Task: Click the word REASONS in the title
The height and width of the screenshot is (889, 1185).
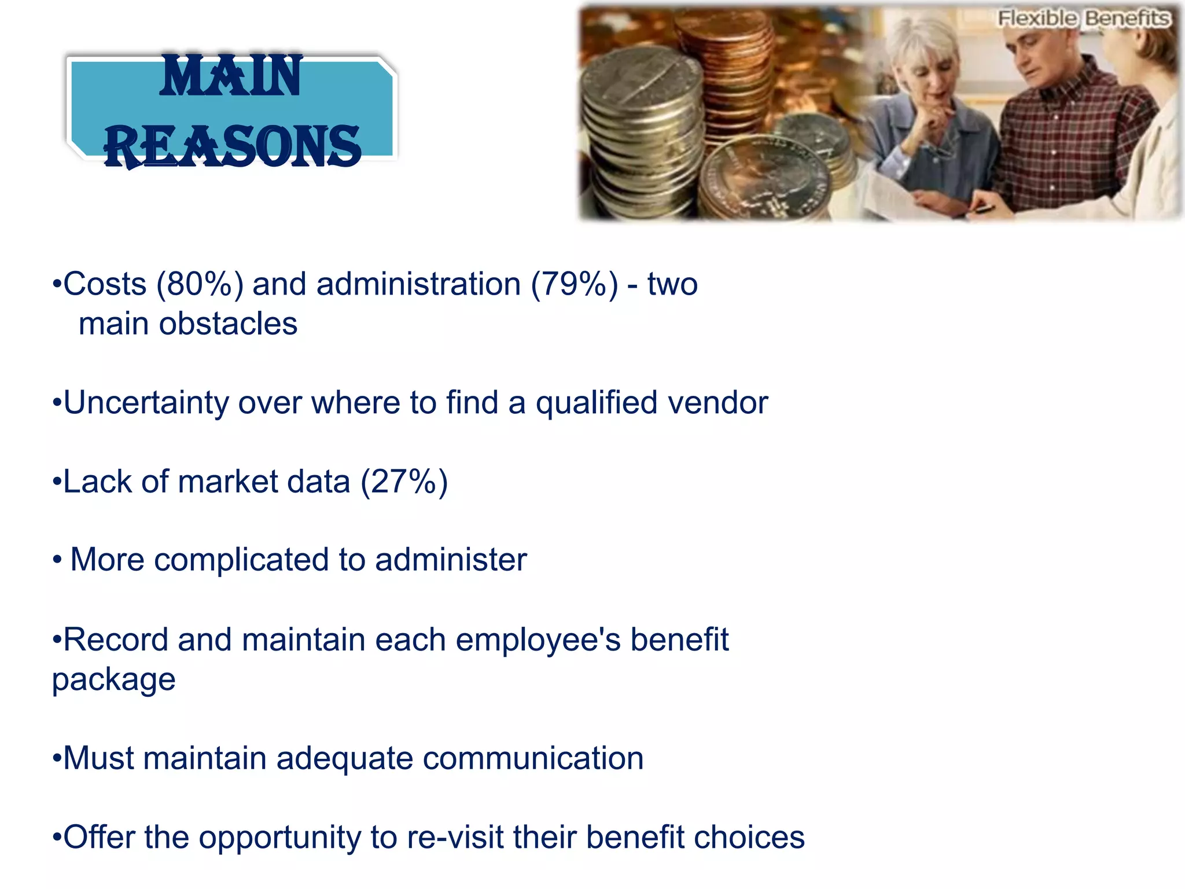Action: tap(233, 147)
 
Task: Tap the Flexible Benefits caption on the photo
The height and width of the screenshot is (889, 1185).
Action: tap(1084, 19)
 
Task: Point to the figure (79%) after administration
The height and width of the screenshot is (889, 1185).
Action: tap(574, 285)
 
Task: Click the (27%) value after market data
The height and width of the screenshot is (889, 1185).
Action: tap(404, 482)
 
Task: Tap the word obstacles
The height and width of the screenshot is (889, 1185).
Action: tap(228, 324)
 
